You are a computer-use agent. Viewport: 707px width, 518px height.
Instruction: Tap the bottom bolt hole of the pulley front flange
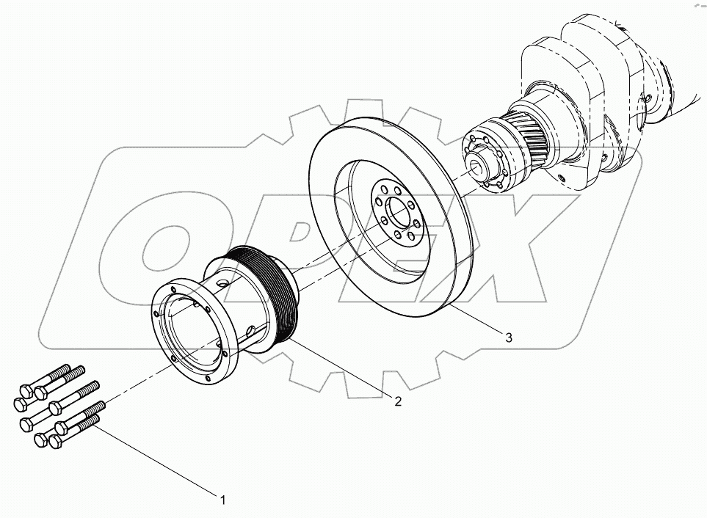point(207,380)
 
